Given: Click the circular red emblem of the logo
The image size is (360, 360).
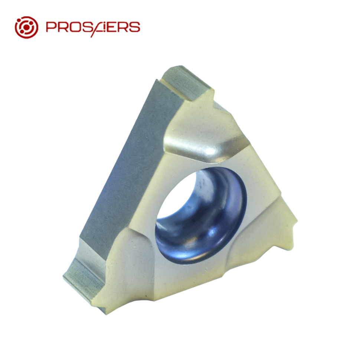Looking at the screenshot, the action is [x=26, y=27].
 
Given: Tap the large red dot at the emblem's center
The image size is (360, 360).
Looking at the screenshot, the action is [x=27, y=27].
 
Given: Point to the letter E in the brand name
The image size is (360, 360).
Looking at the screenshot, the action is [x=113, y=27].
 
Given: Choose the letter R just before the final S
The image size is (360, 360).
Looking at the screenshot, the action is [x=124, y=27].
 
